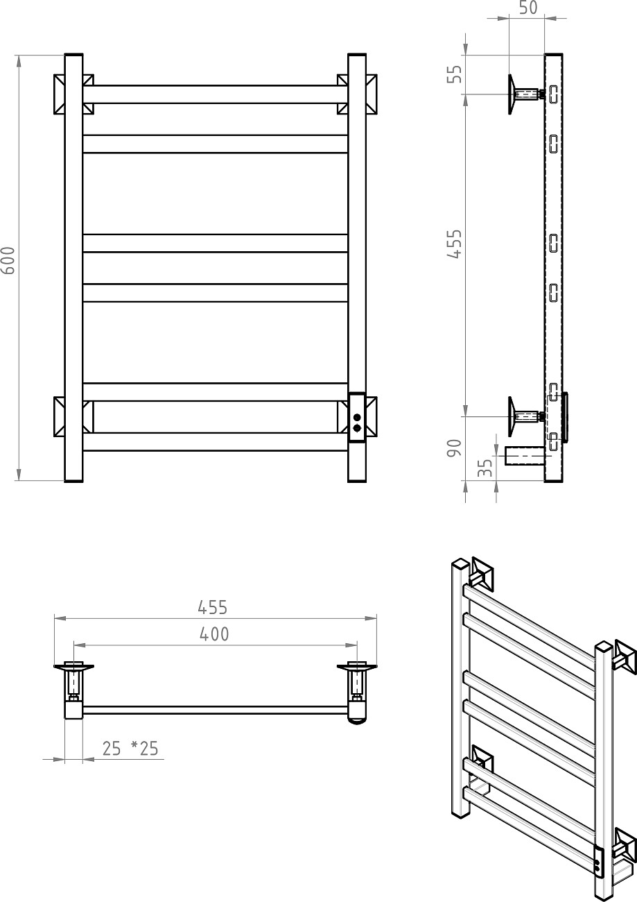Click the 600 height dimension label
click(x=8, y=260)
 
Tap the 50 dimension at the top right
click(x=528, y=8)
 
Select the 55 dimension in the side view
click(x=455, y=74)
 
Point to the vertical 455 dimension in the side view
click(x=455, y=244)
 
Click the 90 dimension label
click(x=454, y=448)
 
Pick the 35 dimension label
click(x=485, y=468)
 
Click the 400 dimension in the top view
click(x=214, y=634)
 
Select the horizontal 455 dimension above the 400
click(x=212, y=608)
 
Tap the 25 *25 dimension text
click(x=130, y=738)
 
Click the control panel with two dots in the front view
click(x=357, y=418)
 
